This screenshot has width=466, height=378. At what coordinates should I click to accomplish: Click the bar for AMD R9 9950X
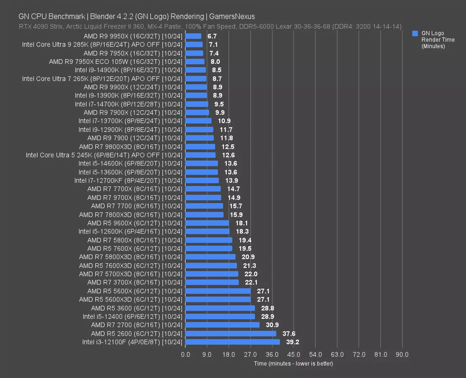193,36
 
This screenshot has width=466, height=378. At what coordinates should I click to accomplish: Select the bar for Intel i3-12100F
232,342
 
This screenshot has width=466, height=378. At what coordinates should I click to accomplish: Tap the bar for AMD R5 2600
231,333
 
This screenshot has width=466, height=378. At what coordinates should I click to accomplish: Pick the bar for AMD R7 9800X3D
200,147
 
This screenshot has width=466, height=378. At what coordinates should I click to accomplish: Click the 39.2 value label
292,342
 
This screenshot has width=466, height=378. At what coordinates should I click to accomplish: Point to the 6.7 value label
212,36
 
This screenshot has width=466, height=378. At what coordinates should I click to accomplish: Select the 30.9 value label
272,325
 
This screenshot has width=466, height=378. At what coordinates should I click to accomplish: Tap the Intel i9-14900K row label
129,70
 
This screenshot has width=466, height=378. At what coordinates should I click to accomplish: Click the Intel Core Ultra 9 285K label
103,45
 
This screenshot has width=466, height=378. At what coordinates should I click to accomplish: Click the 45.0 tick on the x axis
294,354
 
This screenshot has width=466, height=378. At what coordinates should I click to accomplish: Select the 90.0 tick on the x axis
402,354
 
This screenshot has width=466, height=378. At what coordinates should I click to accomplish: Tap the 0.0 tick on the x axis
185,354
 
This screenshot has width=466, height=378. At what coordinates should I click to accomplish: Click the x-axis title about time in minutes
293,363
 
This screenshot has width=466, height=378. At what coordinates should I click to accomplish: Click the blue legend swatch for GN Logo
415,33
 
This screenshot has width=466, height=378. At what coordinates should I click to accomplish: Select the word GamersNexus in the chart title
232,16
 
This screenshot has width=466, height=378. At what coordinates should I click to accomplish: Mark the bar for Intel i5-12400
220,316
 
